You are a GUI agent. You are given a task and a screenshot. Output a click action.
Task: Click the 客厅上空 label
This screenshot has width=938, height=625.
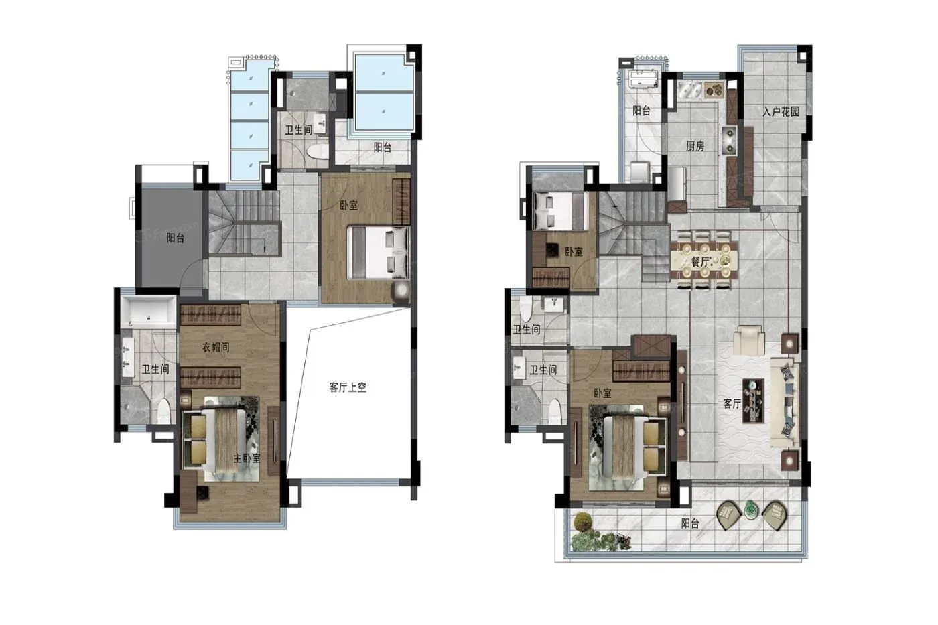348,387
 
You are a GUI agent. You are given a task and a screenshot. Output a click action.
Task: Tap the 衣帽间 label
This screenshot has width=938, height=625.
216,347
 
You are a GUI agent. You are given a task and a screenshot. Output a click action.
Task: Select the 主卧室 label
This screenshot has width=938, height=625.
247,458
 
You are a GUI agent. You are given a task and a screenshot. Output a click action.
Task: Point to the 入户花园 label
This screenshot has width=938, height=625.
781,111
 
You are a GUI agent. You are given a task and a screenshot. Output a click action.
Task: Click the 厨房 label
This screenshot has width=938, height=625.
695,146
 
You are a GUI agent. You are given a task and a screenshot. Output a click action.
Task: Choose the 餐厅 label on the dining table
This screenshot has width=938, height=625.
701,262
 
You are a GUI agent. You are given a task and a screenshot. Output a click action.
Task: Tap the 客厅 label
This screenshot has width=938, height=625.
732,403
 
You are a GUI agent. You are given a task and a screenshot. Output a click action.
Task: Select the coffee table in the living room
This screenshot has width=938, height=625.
753,401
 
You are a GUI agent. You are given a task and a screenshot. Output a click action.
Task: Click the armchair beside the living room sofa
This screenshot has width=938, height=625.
749,340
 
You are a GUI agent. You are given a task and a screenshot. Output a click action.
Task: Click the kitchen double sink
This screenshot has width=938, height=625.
689,90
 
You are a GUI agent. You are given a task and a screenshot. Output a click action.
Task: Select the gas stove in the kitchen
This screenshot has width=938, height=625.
730,140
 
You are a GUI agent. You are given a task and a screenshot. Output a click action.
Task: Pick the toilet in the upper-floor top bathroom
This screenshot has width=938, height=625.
318,151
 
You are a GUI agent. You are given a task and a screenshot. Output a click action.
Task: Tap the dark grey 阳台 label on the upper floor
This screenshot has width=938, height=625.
175,238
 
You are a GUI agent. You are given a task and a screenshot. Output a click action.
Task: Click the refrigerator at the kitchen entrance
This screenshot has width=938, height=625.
677,184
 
